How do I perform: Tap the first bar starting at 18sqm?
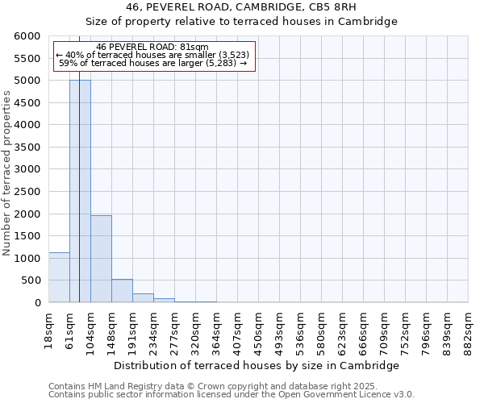[59, 277]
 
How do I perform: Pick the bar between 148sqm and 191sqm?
[122, 291]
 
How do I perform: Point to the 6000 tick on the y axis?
[29, 37]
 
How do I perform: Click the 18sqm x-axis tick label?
[49, 329]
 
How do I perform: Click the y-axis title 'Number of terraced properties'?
[7, 173]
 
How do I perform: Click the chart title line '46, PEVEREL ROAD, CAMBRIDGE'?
[241, 7]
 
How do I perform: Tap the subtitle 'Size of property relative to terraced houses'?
[241, 22]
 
